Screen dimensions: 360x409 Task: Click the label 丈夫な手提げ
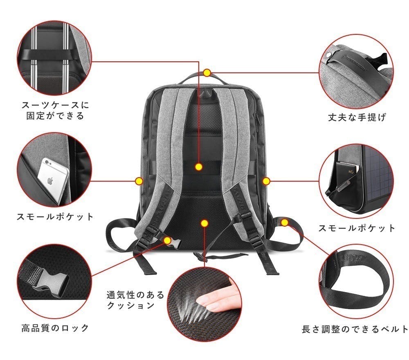point(357,117)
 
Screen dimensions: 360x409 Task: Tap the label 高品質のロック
point(55,327)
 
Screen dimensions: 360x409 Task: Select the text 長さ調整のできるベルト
point(354,328)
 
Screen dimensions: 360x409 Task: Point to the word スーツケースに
point(55,105)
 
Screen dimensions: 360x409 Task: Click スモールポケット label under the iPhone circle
point(55,216)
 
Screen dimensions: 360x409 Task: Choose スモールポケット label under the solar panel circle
point(357,228)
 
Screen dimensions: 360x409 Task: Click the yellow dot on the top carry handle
point(207,73)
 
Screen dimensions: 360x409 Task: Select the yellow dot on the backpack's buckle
point(167,240)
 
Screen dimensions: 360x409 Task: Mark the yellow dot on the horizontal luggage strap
point(199,166)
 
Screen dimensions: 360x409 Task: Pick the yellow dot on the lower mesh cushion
point(204,223)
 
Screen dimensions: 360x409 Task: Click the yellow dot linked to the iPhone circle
point(139,180)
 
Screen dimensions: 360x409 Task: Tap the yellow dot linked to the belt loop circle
point(285,222)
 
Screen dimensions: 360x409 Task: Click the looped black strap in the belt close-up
point(360,286)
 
